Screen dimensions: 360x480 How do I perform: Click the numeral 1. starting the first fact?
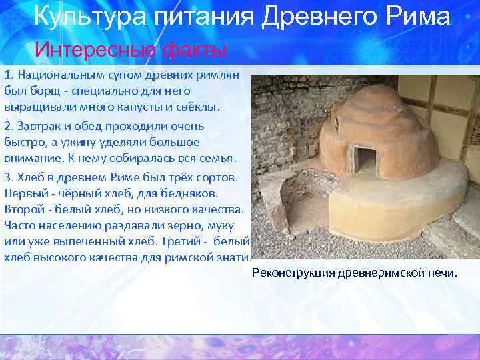click(9, 73)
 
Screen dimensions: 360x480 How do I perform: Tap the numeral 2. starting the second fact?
click(9, 125)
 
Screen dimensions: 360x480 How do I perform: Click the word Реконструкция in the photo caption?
click(292, 273)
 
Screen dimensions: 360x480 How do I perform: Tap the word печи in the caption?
click(443, 273)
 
